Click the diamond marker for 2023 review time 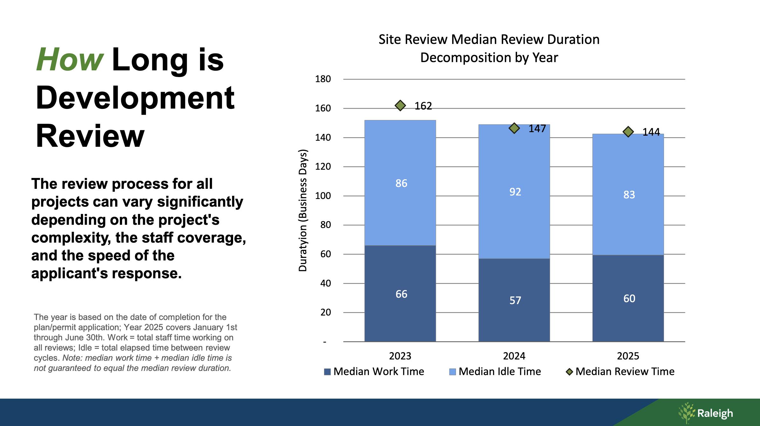click(400, 105)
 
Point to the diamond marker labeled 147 click(514, 128)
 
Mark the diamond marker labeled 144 click(628, 132)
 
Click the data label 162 click(423, 106)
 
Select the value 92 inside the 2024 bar click(515, 192)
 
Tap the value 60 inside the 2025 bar click(629, 299)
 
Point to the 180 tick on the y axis click(323, 79)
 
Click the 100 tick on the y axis click(323, 196)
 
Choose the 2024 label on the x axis click(514, 356)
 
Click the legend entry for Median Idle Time click(500, 372)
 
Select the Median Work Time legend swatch click(327, 372)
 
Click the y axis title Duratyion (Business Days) click(303, 210)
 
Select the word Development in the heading click(135, 98)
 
